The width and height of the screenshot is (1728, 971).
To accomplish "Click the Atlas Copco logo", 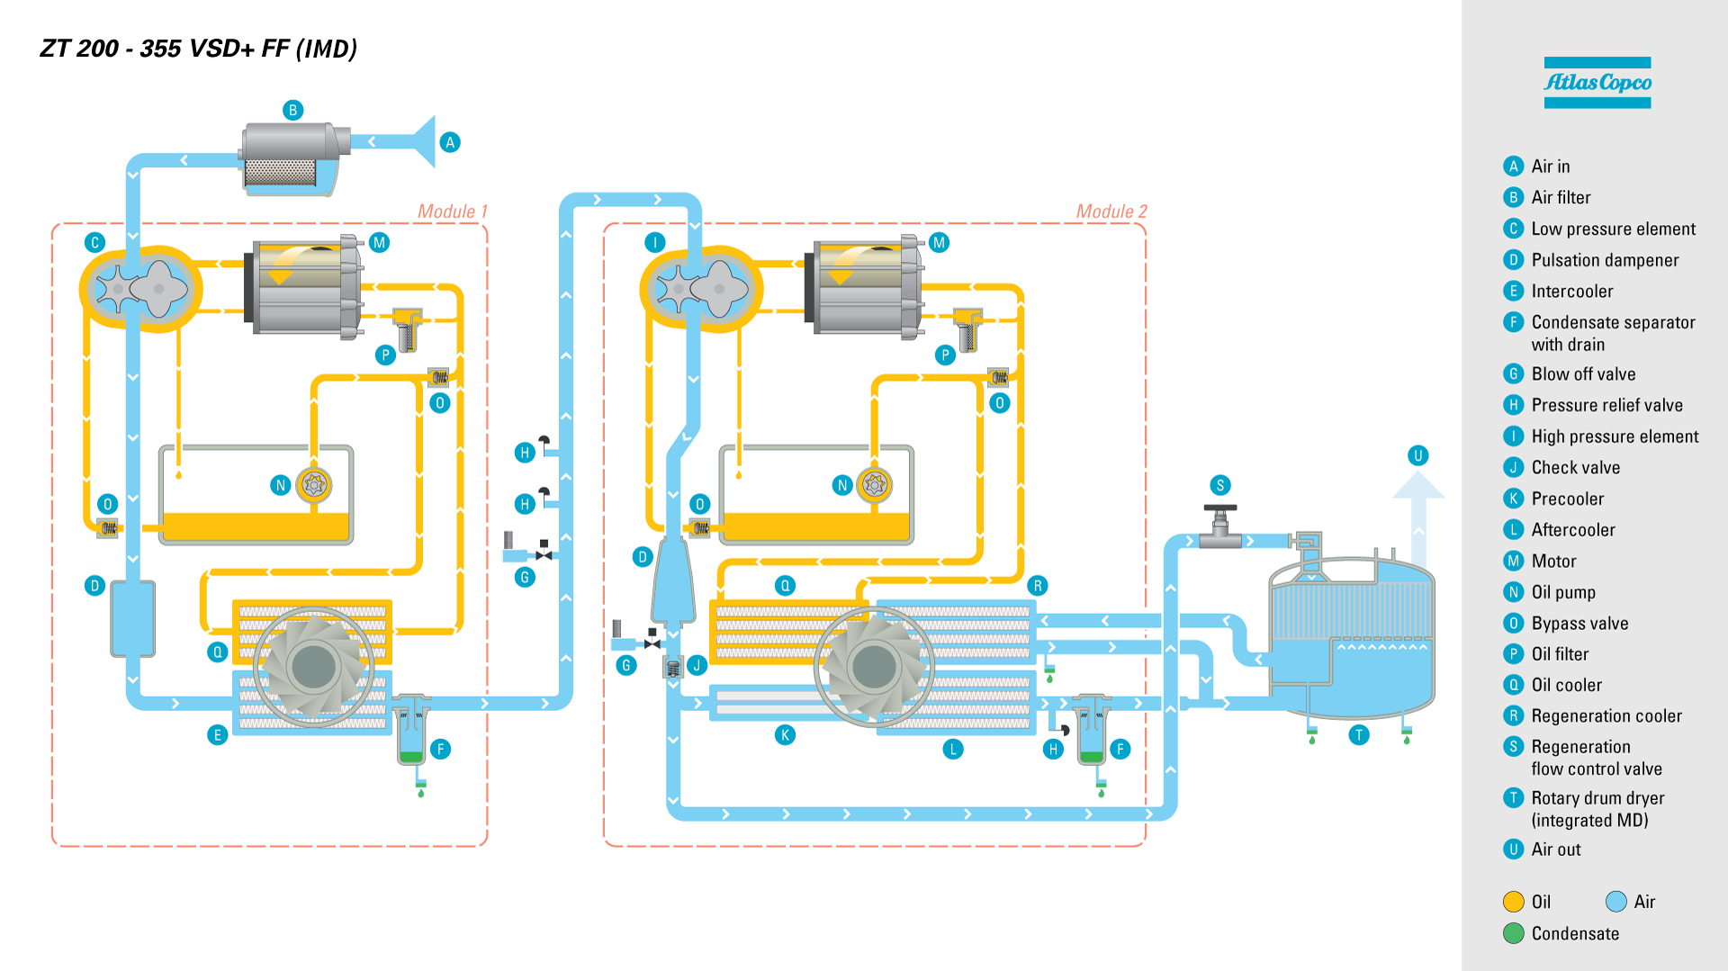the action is pos(1597,83).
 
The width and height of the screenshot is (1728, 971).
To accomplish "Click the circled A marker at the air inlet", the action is pos(450,142).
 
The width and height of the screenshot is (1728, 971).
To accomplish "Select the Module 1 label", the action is pos(453,211).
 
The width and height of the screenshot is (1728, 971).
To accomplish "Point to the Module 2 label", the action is pos(1111,211).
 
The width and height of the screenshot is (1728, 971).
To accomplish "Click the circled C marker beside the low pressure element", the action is pos(94,242).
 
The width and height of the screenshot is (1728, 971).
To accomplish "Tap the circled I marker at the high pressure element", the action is pos(655,242).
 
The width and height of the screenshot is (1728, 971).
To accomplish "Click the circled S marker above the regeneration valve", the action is pos(1220,485).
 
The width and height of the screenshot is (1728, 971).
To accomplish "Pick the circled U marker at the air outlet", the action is pos(1418,455).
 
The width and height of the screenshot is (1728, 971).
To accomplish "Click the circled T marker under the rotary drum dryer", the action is pos(1359,735).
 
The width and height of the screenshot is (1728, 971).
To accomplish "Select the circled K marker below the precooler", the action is pos(785,735).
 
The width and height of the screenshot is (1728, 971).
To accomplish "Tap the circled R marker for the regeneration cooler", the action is pos(1038,586).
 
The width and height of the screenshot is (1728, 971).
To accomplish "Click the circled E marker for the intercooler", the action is pos(217,735).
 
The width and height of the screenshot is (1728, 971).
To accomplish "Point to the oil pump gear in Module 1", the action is pos(314,485).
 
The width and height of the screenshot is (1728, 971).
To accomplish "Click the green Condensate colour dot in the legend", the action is pos(1514,933).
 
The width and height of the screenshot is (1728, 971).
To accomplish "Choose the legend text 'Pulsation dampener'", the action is pos(1605,260).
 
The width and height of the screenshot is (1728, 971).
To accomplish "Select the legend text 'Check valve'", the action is pos(1575,467).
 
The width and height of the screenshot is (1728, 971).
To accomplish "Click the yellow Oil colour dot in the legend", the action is pos(1514,902).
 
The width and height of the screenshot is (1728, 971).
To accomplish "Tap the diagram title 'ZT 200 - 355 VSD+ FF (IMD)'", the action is pos(199,49).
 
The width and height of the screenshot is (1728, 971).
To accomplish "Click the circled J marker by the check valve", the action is pos(697,665).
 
